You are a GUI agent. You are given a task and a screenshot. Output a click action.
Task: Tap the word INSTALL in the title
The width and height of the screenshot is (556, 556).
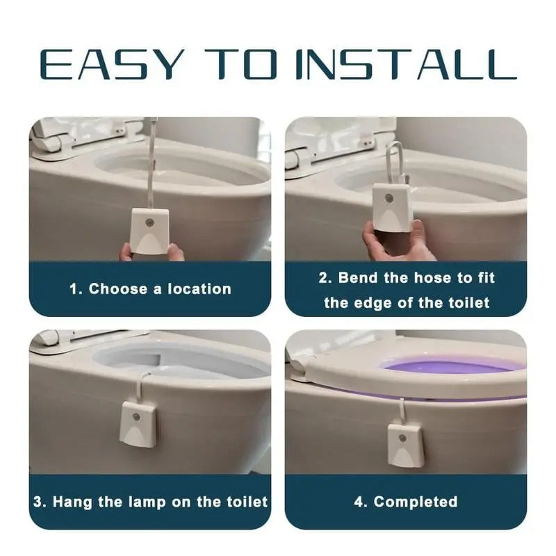point(410,64)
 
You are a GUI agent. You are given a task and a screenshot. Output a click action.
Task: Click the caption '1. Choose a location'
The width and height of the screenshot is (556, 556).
point(150,289)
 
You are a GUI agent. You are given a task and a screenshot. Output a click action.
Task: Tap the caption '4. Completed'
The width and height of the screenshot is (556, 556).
point(406,501)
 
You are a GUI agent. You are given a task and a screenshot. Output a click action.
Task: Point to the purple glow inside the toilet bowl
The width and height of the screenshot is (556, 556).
point(445,366)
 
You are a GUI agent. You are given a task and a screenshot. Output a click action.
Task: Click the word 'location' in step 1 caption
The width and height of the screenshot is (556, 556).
point(198,289)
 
